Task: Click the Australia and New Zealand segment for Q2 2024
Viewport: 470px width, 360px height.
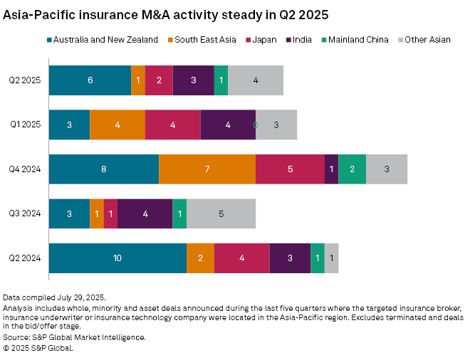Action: (x=117, y=258)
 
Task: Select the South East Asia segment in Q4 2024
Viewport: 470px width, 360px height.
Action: (x=207, y=169)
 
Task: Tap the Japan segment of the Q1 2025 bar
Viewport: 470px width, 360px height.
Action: (x=173, y=125)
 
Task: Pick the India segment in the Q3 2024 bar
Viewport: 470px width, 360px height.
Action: (x=145, y=213)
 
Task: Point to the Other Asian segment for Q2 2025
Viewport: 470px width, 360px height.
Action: (x=256, y=80)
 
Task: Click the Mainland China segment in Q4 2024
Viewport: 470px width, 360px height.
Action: (x=352, y=169)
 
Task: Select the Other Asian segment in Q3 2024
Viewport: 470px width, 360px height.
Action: (x=221, y=213)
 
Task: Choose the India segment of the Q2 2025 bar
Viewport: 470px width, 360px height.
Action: (x=193, y=80)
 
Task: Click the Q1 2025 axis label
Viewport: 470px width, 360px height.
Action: (x=25, y=125)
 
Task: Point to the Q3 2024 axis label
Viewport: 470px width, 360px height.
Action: (x=25, y=213)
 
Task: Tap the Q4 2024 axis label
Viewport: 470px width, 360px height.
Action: (x=25, y=169)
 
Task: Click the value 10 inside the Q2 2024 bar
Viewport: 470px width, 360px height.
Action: (x=117, y=258)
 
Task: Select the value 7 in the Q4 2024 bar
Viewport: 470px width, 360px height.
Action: (x=207, y=169)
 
